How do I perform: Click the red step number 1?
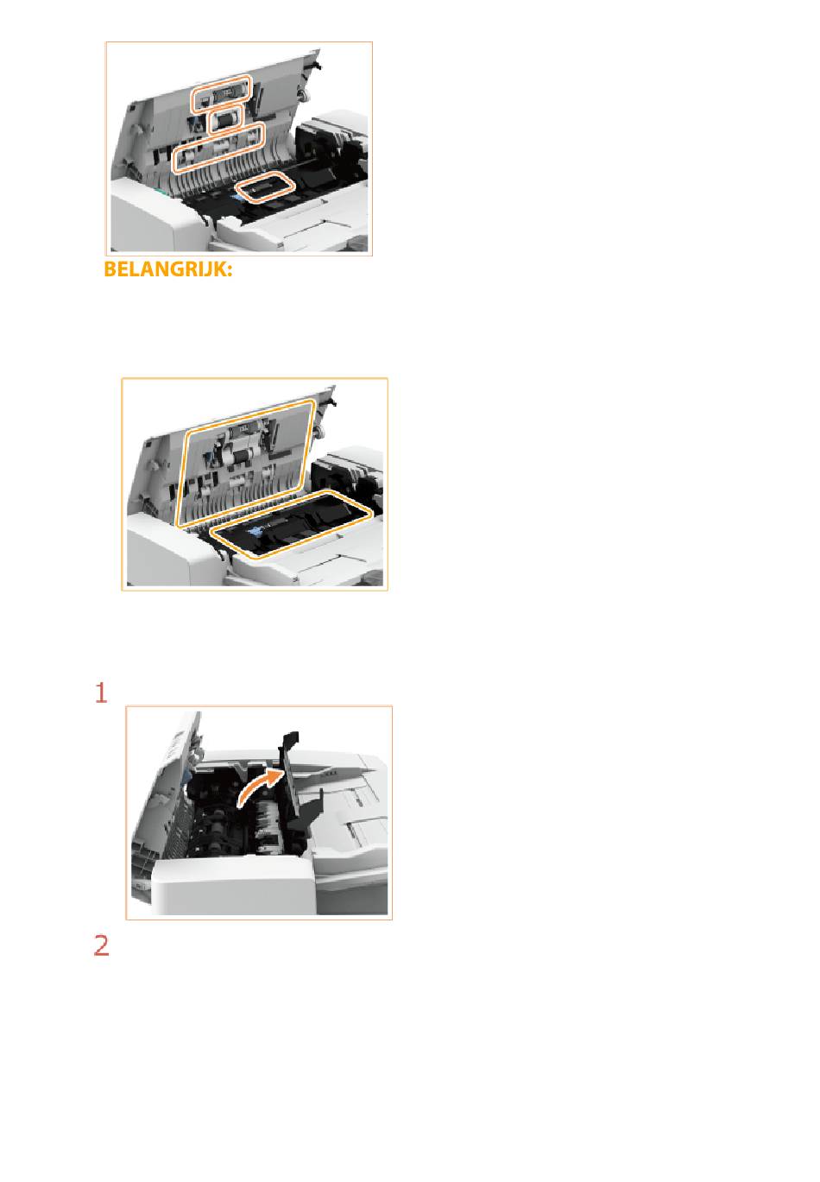[x=101, y=692]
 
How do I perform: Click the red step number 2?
[x=101, y=945]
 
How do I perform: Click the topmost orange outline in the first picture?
[x=221, y=94]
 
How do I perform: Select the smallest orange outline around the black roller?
[x=226, y=120]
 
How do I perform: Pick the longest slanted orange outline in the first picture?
[x=218, y=148]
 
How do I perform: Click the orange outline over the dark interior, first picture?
[x=264, y=186]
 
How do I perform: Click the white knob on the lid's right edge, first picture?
[x=302, y=94]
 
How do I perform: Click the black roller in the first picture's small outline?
[x=226, y=121]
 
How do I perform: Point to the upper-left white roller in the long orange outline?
[x=186, y=156]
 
